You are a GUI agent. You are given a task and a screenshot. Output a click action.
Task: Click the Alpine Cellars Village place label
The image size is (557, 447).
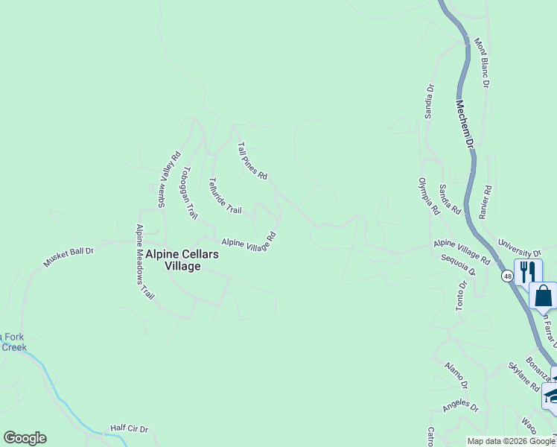pyautogui.click(x=182, y=260)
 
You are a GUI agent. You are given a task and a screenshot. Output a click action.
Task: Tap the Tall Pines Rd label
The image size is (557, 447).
pyautogui.click(x=252, y=161)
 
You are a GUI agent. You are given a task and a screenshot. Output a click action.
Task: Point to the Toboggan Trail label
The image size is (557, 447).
pyautogui.click(x=187, y=192)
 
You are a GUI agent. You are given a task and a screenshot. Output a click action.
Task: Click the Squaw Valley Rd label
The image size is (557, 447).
pyautogui.click(x=169, y=180)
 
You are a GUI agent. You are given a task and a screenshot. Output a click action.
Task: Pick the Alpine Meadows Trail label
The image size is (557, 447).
pyautogui.click(x=144, y=261)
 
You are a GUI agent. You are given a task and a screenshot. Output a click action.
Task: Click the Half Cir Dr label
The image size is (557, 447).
pyautogui.click(x=130, y=429)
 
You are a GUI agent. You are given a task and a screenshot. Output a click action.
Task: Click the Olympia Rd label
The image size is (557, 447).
pyautogui.click(x=429, y=196)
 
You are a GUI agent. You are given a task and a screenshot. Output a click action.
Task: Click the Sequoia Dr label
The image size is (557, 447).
pyautogui.click(x=458, y=265)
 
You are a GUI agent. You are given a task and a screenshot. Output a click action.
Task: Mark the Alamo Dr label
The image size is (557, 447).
pyautogui.click(x=455, y=374)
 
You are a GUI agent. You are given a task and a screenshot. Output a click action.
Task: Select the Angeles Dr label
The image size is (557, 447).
pyautogui.click(x=459, y=405)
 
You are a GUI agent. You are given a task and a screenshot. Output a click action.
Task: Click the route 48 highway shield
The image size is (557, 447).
pyautogui.click(x=507, y=276)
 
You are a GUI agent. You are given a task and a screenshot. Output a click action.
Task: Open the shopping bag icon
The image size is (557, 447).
pyautogui.click(x=543, y=296)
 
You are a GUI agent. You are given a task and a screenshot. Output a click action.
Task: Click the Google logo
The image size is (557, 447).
pyautogui.click(x=25, y=438)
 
